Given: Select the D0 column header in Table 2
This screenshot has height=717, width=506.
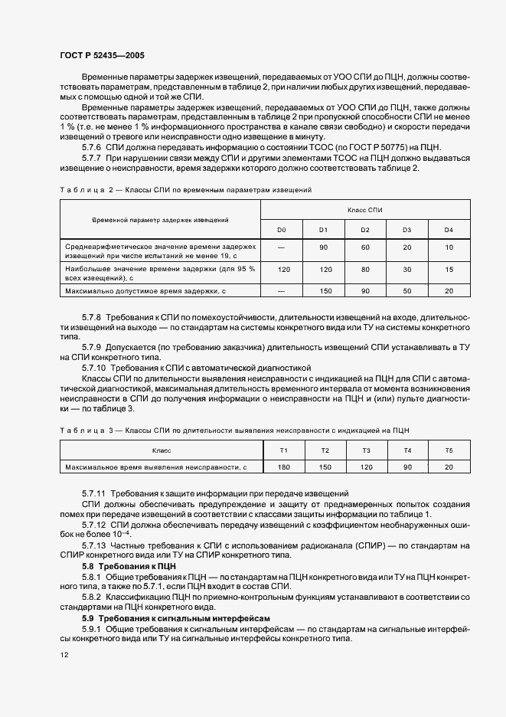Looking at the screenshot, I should [281, 230].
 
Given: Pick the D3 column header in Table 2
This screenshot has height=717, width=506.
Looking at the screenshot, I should [406, 230].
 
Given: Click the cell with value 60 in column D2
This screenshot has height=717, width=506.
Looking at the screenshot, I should [365, 247].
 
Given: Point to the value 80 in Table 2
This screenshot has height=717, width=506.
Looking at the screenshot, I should [365, 270].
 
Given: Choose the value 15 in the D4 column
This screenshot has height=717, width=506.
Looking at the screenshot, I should [449, 270].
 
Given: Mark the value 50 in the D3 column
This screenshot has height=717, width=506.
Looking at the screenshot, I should [406, 291].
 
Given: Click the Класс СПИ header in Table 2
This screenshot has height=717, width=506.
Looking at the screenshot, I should [364, 209].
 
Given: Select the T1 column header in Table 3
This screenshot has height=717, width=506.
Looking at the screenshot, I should [283, 450].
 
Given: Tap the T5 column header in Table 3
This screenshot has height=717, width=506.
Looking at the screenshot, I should [449, 450].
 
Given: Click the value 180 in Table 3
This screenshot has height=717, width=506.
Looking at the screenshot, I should [283, 467].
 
